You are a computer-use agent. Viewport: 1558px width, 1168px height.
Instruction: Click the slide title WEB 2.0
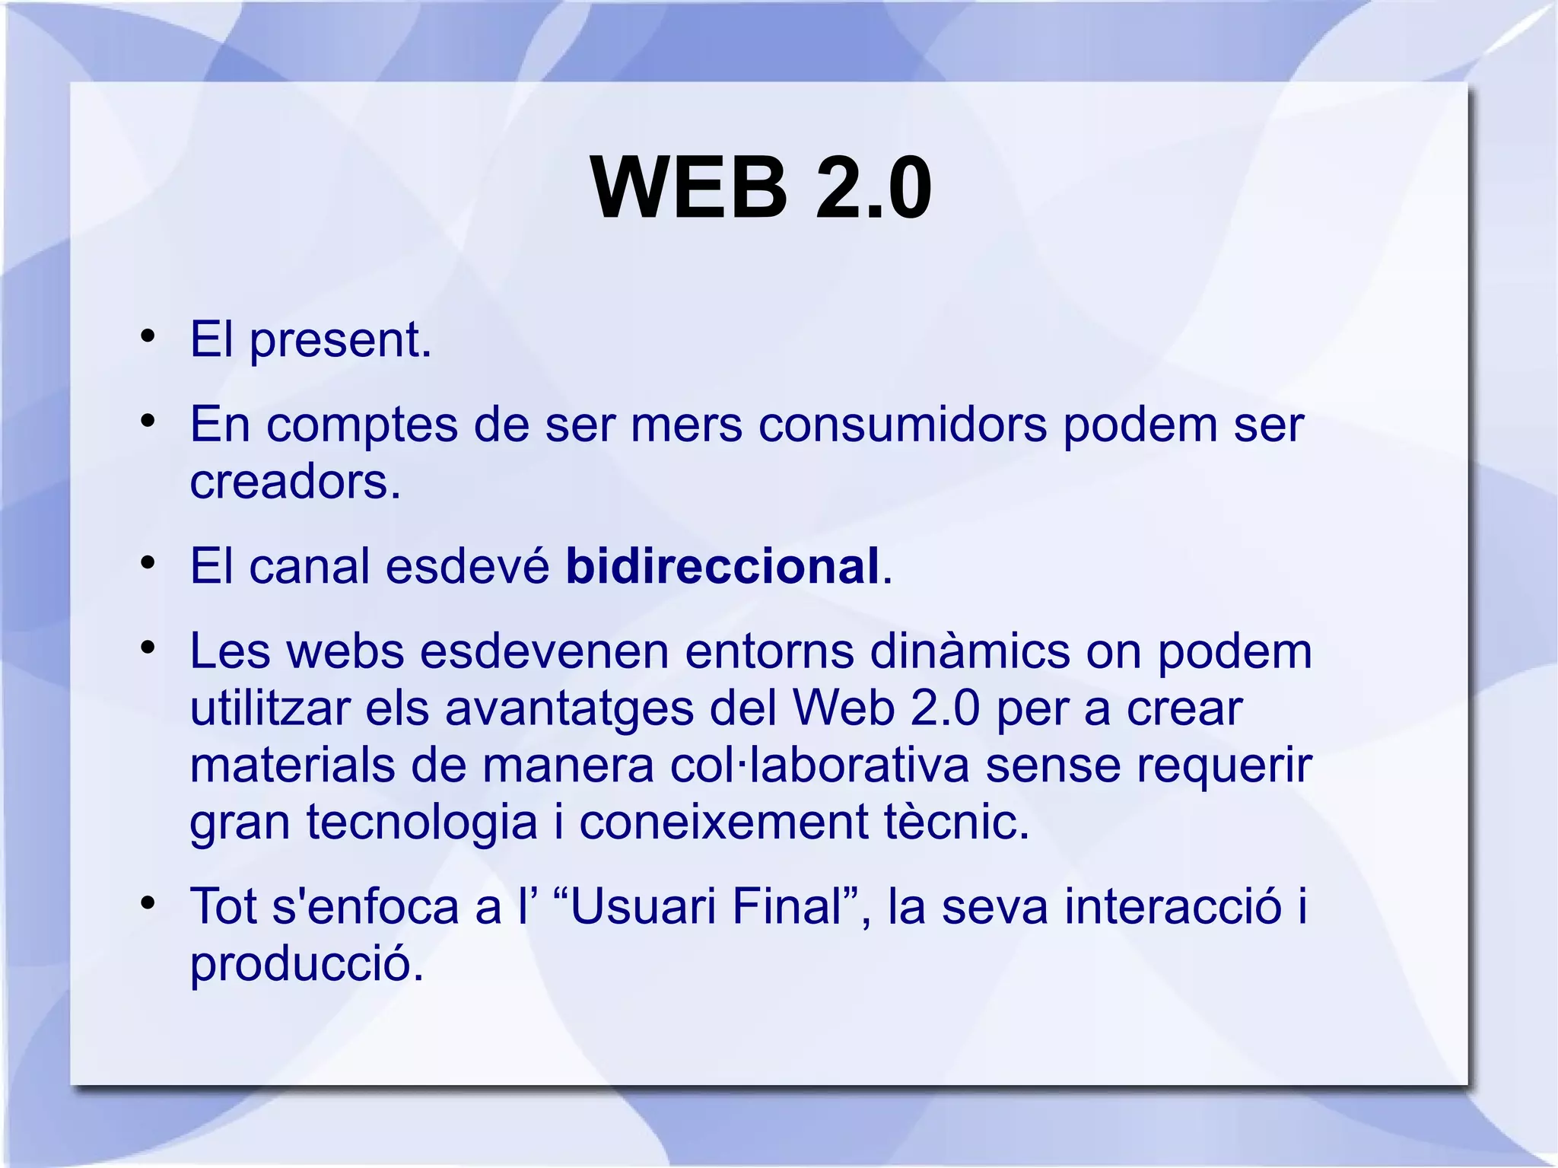pyautogui.click(x=761, y=188)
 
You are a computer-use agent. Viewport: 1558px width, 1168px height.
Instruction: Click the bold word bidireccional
pyautogui.click(x=722, y=566)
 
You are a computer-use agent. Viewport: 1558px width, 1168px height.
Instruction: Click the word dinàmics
pyautogui.click(x=969, y=651)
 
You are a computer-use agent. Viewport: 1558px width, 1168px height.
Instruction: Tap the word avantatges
pyautogui.click(x=569, y=709)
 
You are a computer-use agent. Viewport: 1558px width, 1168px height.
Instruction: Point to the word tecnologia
pyautogui.click(x=422, y=823)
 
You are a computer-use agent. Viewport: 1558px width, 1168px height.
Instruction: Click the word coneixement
pyautogui.click(x=723, y=823)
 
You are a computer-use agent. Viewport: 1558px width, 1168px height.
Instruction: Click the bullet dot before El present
pyautogui.click(x=148, y=336)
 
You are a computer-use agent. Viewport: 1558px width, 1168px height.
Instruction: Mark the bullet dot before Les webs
pyautogui.click(x=148, y=648)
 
